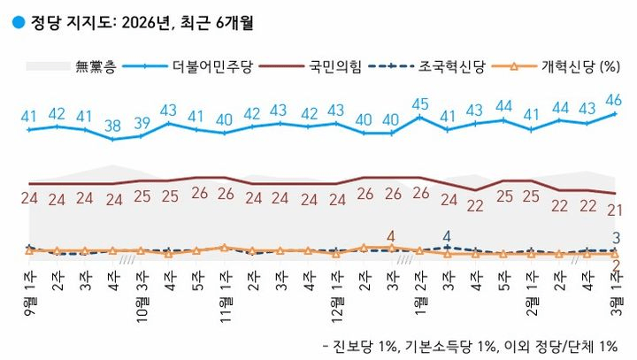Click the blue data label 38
[x=112, y=126]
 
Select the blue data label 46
[x=614, y=99]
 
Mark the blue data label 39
[x=141, y=122]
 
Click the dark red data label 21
[x=614, y=210]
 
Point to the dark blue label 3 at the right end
[x=616, y=236]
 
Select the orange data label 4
[x=391, y=236]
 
